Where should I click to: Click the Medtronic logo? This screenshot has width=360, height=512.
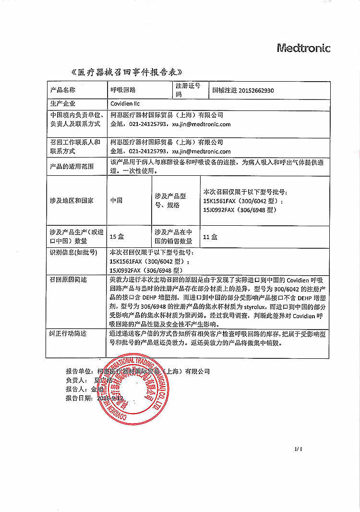click(x=303, y=48)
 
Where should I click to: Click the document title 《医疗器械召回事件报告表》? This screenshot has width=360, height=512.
click(x=127, y=73)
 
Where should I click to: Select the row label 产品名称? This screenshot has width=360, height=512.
click(x=63, y=90)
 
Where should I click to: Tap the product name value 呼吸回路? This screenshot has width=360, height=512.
click(x=123, y=90)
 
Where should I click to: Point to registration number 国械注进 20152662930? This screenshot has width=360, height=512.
click(x=243, y=90)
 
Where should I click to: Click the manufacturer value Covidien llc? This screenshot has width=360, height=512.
click(x=125, y=103)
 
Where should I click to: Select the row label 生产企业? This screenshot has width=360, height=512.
click(x=63, y=103)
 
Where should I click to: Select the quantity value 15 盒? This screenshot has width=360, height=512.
click(x=117, y=236)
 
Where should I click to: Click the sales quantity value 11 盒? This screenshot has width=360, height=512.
click(x=210, y=236)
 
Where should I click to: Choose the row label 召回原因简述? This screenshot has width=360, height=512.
click(x=68, y=280)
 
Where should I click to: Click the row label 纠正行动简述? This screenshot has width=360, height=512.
click(x=68, y=334)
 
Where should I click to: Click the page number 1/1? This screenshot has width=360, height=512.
click(x=299, y=449)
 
